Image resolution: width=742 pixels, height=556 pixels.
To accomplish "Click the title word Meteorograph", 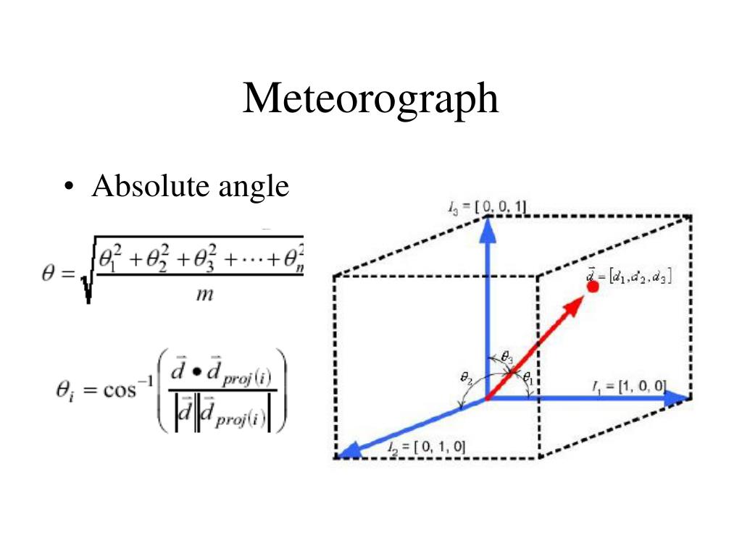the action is [x=370, y=98].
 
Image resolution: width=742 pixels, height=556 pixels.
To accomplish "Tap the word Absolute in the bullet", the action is [x=149, y=187].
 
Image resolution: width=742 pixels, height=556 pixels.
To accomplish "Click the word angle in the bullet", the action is [x=253, y=189].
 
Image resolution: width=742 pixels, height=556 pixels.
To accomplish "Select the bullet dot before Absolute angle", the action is [x=68, y=188].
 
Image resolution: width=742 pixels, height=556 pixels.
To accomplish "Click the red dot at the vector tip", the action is [x=592, y=286].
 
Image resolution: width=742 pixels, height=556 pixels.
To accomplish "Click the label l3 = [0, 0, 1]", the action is [x=487, y=208].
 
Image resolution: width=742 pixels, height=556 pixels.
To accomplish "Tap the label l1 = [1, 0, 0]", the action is [x=628, y=385].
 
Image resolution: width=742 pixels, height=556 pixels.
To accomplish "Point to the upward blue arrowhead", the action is [x=487, y=230].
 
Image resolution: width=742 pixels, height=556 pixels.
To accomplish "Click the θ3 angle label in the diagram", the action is [x=507, y=358].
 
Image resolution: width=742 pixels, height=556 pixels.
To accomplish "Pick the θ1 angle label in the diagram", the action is [x=528, y=376].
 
